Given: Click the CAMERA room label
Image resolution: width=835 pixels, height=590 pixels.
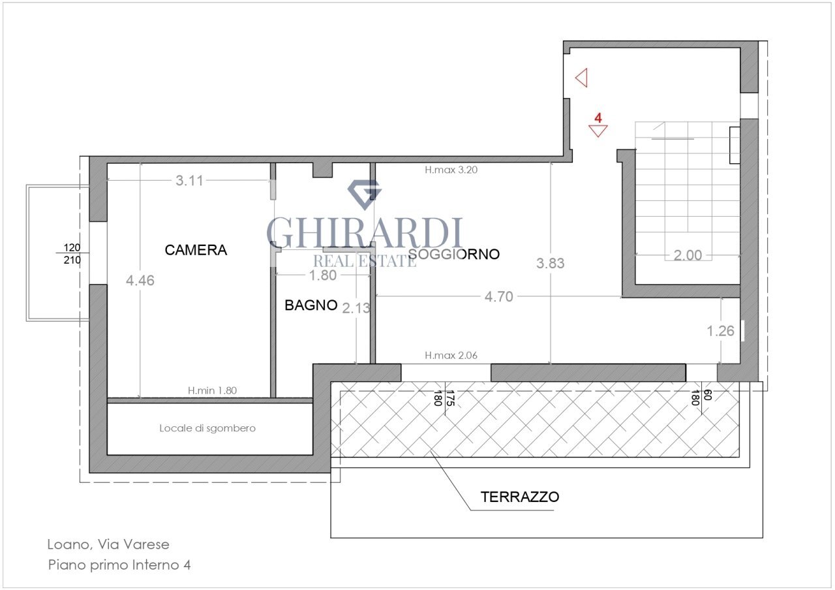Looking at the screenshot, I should coord(196,250).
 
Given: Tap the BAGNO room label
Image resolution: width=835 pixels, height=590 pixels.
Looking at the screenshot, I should coord(311,305).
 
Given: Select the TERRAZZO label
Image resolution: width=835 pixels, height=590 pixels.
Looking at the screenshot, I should coord(520,497).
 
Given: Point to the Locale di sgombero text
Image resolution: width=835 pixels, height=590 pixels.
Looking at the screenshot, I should coord(207,429).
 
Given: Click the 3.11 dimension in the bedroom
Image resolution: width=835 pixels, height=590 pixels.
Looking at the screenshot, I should coord(190,181).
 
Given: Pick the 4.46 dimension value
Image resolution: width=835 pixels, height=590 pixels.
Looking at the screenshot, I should coord(140,280).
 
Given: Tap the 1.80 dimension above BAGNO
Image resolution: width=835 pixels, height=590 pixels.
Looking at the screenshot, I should coord(322,275).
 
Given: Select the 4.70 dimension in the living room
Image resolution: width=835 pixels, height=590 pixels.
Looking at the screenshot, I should coord(498,297).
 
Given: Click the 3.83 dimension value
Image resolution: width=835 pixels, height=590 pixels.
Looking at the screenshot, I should coord(550,264).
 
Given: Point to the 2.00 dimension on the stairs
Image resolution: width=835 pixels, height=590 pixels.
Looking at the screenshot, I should coord(688,255).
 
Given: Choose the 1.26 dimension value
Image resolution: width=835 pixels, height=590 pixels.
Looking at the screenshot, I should coord(721,331).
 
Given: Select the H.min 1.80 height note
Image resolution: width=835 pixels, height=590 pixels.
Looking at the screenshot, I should coord(213,391).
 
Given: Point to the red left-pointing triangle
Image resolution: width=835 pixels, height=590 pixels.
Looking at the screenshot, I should coord(583,78).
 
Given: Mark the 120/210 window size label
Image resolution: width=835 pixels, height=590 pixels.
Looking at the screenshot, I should coord(72,254).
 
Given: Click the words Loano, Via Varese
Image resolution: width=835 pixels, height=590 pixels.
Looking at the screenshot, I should coord(108,544).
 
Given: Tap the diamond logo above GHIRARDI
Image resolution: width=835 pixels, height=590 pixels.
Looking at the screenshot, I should coord(364,192).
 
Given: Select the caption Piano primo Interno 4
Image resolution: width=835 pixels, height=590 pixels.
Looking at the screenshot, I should coord(119,565).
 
